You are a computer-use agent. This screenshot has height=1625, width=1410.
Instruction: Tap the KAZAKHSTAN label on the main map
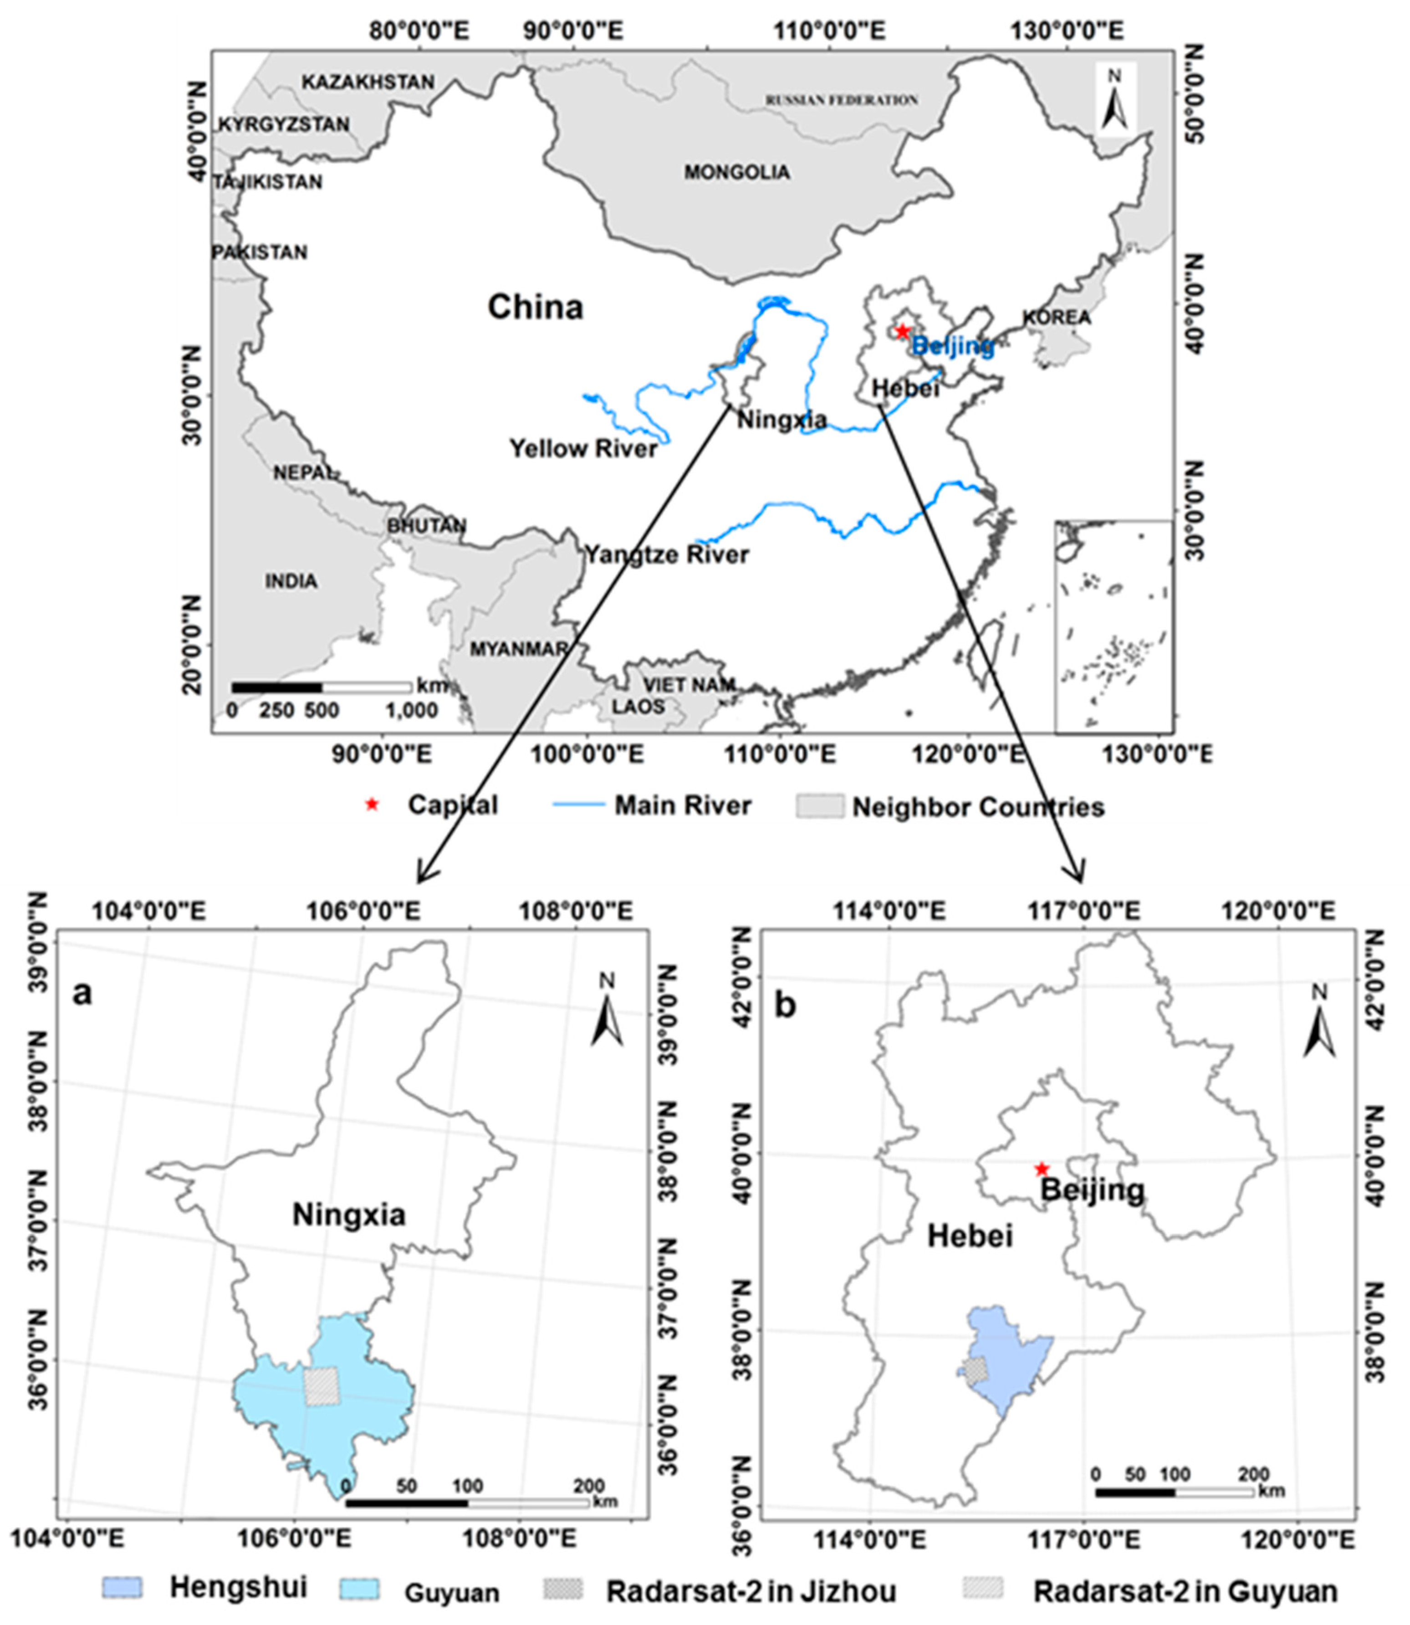pyautogui.click(x=368, y=82)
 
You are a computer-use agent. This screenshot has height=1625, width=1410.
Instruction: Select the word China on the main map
pyautogui.click(x=535, y=307)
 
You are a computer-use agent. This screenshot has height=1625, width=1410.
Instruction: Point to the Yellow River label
pyautogui.click(x=583, y=449)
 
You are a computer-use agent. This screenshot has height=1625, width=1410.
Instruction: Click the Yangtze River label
pyautogui.click(x=666, y=555)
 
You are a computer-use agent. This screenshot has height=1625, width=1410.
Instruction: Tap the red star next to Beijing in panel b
pyautogui.click(x=1042, y=1169)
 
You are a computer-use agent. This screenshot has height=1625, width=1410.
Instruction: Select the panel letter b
pyautogui.click(x=785, y=1006)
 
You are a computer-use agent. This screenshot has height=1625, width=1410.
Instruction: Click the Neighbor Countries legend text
pyautogui.click(x=979, y=807)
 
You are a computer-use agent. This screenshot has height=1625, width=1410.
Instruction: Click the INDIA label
pyautogui.click(x=291, y=582)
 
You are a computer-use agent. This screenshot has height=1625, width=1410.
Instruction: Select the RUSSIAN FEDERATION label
pyautogui.click(x=842, y=100)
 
